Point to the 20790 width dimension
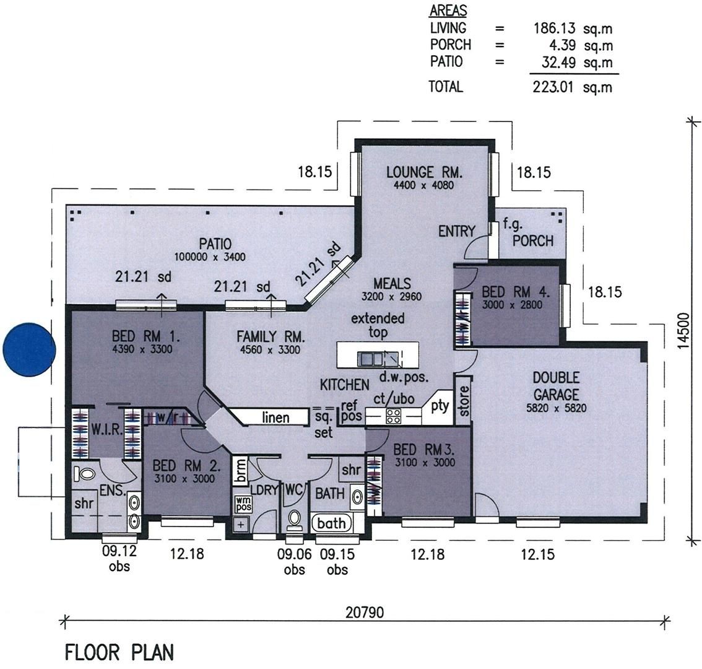click(x=365, y=613)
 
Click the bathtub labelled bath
click(x=331, y=523)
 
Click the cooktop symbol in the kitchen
click(x=393, y=416)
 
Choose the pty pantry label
click(x=440, y=406)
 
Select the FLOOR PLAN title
click(x=119, y=652)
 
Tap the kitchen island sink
click(x=371, y=358)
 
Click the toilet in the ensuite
click(x=84, y=475)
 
